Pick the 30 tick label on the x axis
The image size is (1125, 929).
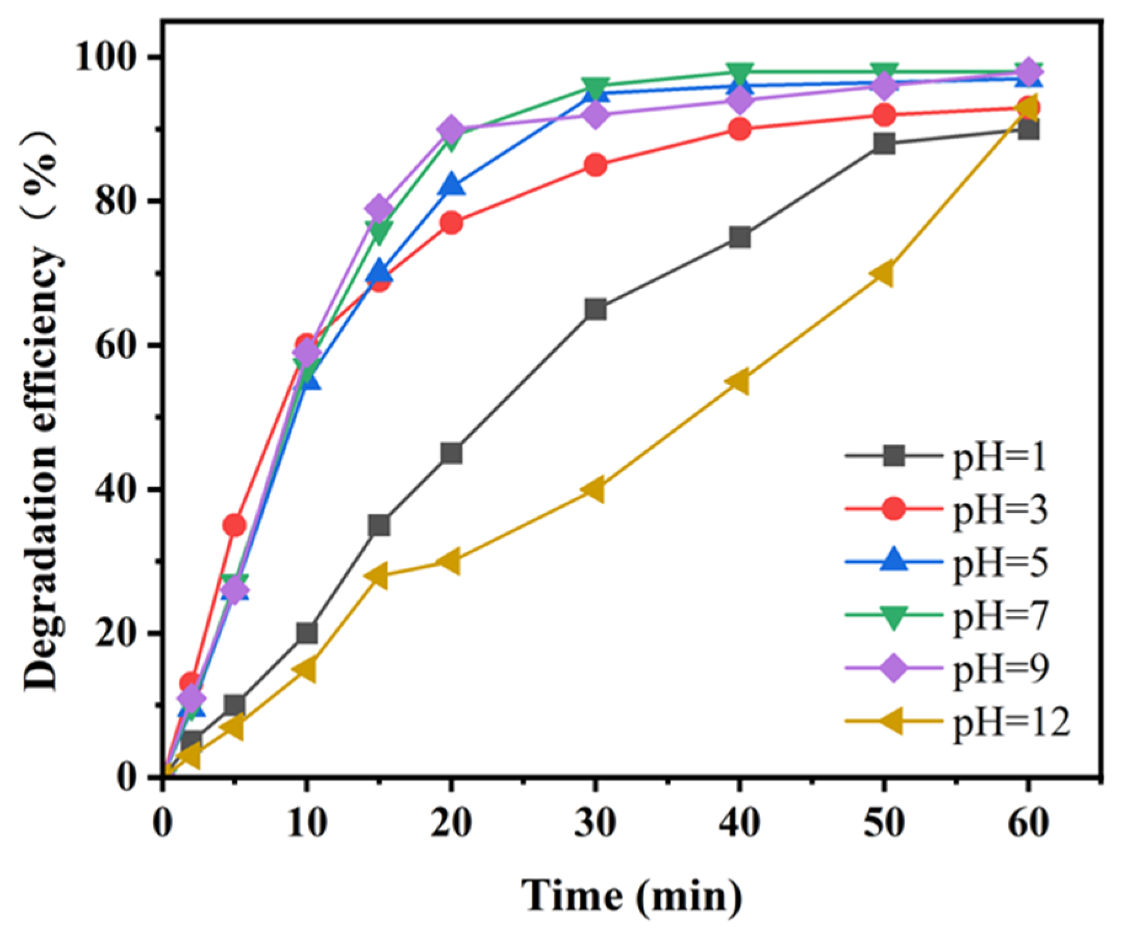(x=595, y=823)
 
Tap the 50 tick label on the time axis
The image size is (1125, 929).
(x=883, y=823)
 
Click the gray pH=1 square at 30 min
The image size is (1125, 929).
(x=595, y=309)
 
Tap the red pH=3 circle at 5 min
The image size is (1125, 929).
(x=234, y=525)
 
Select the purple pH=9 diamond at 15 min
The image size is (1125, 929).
(x=379, y=208)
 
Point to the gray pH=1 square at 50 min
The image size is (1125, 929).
(x=884, y=143)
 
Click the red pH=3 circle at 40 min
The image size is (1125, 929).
(x=739, y=129)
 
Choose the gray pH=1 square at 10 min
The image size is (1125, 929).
(x=306, y=633)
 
